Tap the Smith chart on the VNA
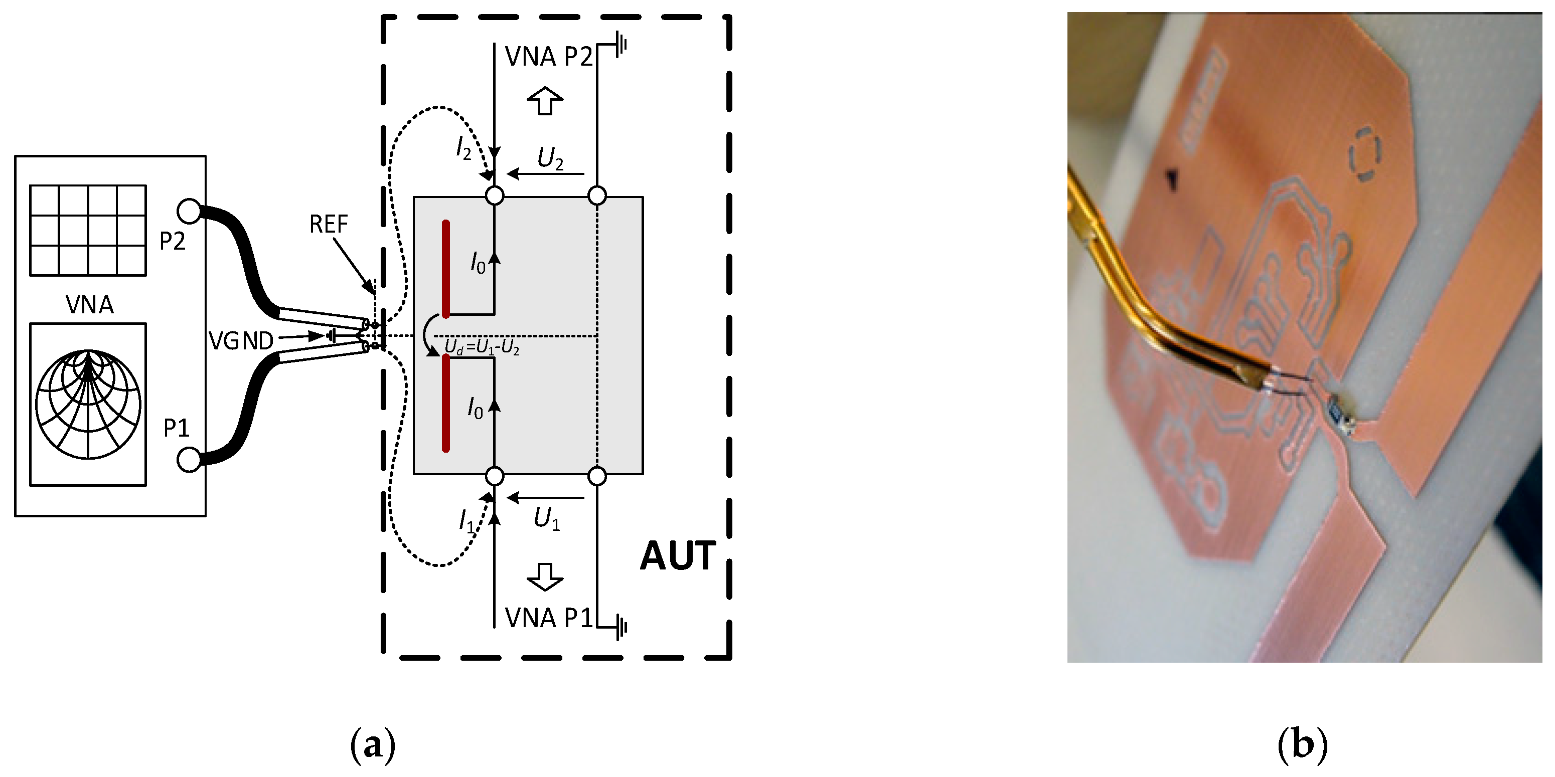tap(88, 404)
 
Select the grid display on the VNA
tap(88, 230)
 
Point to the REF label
tap(329, 225)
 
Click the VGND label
tap(241, 341)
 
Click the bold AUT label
tap(677, 556)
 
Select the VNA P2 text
tap(549, 57)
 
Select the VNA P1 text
tap(549, 619)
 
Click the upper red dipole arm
tap(446, 269)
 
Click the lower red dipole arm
tap(446, 403)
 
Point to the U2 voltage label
tap(550, 158)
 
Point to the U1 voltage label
tap(546, 519)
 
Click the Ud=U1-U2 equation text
tap(482, 347)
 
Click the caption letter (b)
tap(1303, 745)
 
